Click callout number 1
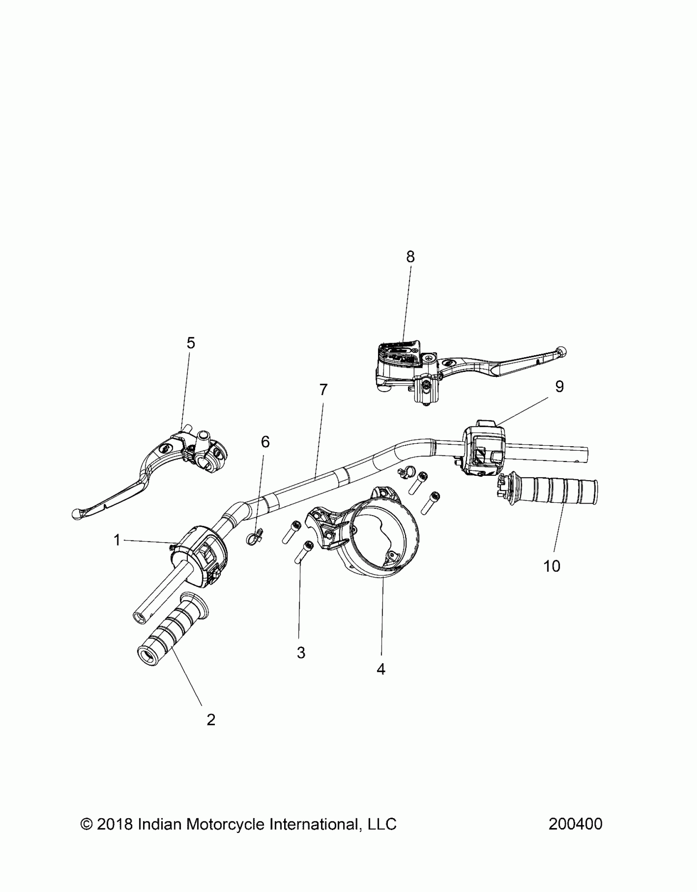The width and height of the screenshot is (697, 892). point(117,541)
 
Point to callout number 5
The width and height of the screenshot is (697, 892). point(191,343)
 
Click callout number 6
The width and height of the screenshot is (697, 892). point(265,442)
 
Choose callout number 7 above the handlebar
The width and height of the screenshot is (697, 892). point(323,390)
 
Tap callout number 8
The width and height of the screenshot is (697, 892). point(410,257)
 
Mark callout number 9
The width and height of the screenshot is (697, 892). point(559,387)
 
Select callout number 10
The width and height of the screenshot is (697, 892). point(551,566)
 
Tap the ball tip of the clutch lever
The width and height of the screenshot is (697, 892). point(76,514)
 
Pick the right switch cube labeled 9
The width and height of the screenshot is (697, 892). point(484,450)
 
